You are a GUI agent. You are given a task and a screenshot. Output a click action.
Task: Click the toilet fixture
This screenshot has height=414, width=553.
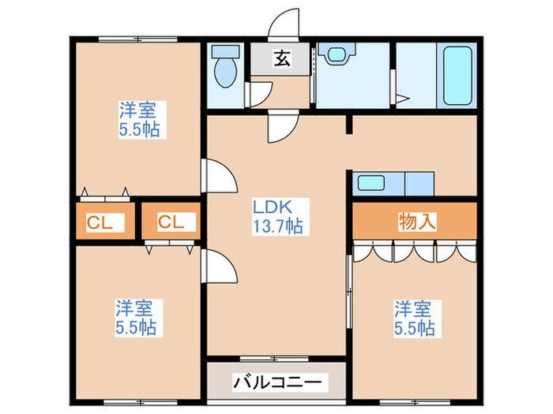click(x=225, y=66)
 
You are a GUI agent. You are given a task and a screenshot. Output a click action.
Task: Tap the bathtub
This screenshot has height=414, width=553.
click(x=457, y=76)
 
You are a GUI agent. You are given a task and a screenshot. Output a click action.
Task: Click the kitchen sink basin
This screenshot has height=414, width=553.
click(x=371, y=183)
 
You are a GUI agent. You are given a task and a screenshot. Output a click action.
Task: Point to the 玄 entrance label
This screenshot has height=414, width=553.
click(x=283, y=58)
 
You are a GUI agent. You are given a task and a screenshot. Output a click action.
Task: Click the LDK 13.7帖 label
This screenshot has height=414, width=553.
click(x=278, y=217)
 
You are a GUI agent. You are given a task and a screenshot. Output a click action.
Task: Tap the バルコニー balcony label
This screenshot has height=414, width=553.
click(x=277, y=382)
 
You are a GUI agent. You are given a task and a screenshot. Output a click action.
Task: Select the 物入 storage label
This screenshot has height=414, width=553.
click(x=417, y=222)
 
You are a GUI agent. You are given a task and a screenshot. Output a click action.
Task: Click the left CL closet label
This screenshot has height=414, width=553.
click(x=100, y=223)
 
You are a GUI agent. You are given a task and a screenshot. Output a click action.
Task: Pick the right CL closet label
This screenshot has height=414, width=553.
click(x=171, y=222)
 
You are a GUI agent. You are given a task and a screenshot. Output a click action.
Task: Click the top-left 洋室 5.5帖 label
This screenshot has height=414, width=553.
click(x=139, y=120)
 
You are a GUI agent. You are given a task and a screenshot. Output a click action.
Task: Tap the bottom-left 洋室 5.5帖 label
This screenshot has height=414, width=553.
click(x=136, y=318)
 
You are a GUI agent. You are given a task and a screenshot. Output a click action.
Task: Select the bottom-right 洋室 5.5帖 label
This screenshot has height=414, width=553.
click(x=414, y=319)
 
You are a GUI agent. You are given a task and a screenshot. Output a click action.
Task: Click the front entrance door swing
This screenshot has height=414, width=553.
click(x=284, y=22)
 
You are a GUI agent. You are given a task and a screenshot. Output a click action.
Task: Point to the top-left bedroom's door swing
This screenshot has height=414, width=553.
click(x=219, y=175)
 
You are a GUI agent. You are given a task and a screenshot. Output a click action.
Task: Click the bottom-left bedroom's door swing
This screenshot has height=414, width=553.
click(x=219, y=265)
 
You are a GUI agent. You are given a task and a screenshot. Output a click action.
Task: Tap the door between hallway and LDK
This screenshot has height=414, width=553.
click(x=283, y=126)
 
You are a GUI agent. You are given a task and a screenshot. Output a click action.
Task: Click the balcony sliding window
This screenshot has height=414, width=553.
click(x=274, y=359)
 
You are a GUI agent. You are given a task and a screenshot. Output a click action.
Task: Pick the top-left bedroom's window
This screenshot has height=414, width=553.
click(x=137, y=39)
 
